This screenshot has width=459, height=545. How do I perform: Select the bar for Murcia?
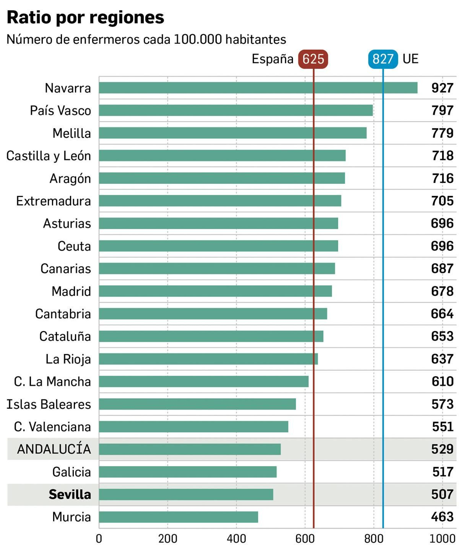click(x=178, y=517)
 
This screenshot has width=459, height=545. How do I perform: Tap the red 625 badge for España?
click(x=313, y=59)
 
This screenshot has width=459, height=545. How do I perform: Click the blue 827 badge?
click(x=383, y=59)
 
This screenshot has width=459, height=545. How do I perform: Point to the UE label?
click(x=410, y=59)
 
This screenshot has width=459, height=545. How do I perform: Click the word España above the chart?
click(x=272, y=59)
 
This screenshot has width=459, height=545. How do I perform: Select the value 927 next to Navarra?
click(x=442, y=88)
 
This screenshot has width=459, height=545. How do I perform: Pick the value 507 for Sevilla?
click(x=442, y=494)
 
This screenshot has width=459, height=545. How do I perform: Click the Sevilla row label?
click(x=70, y=494)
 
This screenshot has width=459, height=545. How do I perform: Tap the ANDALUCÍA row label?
click(x=54, y=449)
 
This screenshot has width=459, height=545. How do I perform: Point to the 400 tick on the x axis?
click(x=236, y=538)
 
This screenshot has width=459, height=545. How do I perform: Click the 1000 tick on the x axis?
click(x=442, y=538)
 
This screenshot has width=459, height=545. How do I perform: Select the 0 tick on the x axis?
click(x=99, y=538)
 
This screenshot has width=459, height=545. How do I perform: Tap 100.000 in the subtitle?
click(x=198, y=39)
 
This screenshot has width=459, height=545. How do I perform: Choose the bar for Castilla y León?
click(x=222, y=156)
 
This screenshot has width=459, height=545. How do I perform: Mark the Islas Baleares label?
click(x=48, y=404)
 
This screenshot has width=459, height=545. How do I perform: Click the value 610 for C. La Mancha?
click(x=442, y=381)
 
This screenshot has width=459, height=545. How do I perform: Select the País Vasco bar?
click(x=236, y=110)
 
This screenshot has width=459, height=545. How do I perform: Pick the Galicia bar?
click(x=188, y=472)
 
